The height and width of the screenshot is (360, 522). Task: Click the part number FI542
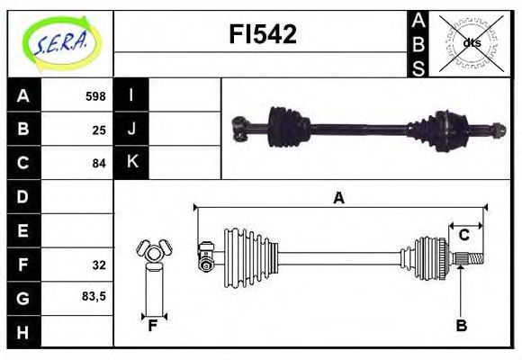coord(261,35)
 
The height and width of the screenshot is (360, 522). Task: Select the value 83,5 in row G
coord(94,296)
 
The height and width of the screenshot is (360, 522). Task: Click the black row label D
coord(23,196)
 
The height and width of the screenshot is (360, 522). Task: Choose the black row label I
coord(131,95)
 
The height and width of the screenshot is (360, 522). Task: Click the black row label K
coord(131,163)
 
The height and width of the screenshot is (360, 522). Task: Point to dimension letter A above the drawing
coord(338,199)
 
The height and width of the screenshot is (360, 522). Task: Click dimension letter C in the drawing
coord(463,235)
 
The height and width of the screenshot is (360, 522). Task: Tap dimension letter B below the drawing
coord(461,326)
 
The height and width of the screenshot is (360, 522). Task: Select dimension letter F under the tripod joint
coord(153,326)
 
